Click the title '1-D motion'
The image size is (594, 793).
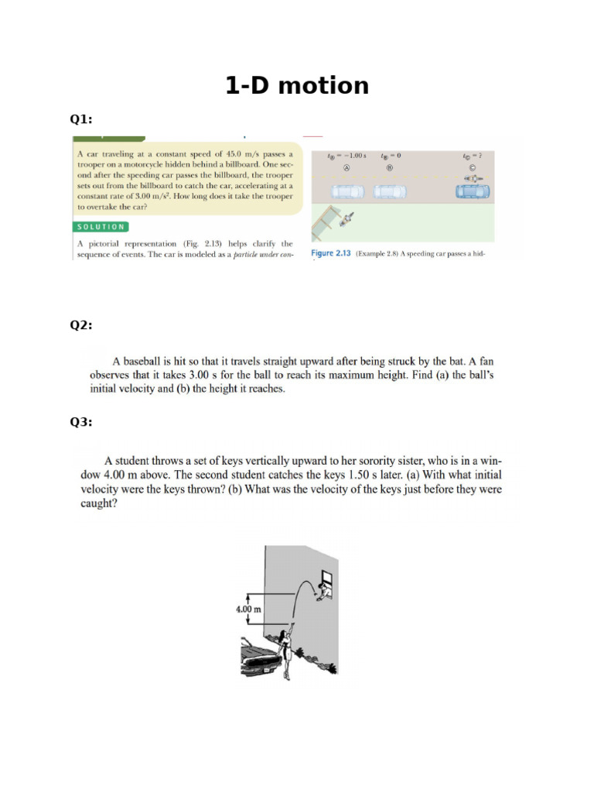point(297,85)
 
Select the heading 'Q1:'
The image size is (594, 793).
point(81,119)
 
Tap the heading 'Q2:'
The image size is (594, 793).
point(81,325)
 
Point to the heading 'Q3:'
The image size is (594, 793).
point(81,422)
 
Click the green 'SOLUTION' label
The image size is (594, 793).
point(101,227)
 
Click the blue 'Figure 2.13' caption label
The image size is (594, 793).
point(331,253)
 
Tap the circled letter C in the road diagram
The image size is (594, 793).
point(473,167)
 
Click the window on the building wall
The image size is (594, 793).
point(327,577)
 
